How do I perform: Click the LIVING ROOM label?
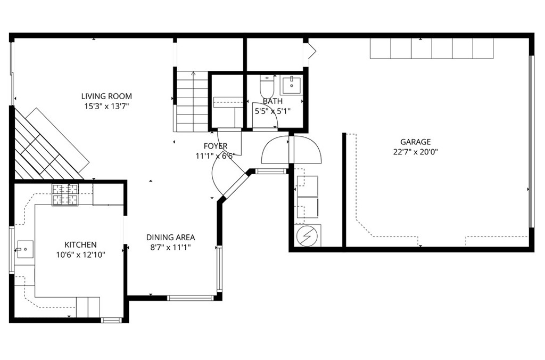[106, 96]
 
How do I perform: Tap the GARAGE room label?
[415, 142]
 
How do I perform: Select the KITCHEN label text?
[81, 245]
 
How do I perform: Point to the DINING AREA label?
[170, 238]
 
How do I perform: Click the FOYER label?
[216, 146]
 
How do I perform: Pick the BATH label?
[272, 101]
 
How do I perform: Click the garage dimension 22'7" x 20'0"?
[415, 152]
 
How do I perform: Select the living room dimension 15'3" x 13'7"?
[106, 107]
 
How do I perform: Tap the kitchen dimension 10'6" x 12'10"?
[81, 255]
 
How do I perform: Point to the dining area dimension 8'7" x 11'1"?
[170, 248]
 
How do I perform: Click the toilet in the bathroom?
[267, 86]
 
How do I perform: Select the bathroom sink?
[291, 85]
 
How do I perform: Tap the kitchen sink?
[25, 249]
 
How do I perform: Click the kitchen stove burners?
[65, 195]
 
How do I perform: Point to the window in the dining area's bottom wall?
[190, 298]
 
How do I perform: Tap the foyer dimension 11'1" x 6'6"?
[216, 156]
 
